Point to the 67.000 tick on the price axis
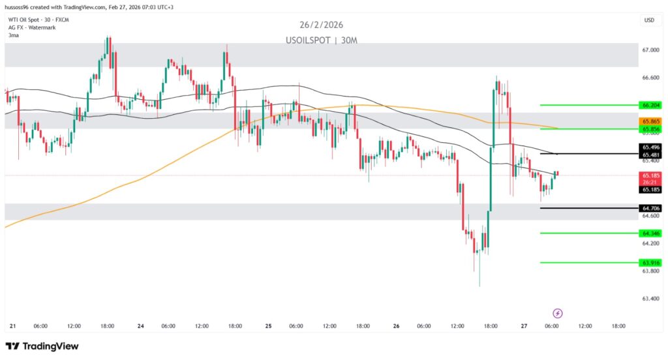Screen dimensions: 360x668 tap(650, 50)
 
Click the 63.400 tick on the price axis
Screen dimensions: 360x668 tap(650, 299)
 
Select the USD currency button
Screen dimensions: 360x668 tap(649, 20)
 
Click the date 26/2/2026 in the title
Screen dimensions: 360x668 tap(322, 25)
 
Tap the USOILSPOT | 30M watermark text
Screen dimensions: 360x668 tap(322, 40)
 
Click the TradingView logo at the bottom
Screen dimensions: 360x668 tap(42, 346)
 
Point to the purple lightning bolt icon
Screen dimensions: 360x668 tap(558, 314)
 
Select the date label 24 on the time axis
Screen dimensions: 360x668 tap(141, 326)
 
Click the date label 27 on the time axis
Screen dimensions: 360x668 tap(524, 326)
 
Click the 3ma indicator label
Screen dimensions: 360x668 tap(13, 35)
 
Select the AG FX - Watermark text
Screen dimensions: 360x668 tap(31, 27)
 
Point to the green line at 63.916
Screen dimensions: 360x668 tap(587, 263)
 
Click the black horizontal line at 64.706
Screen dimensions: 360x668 tap(587, 208)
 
